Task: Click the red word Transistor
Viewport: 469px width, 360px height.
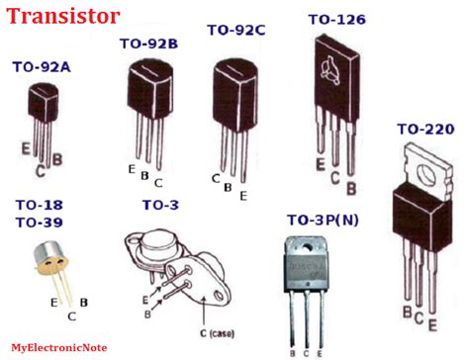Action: pos(66,16)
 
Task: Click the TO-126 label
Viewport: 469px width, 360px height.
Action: pos(337,19)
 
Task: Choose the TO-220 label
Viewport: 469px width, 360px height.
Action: pos(425,129)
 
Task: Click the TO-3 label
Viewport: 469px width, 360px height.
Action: pos(159,205)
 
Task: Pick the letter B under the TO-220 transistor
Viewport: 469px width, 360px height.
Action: pos(406,314)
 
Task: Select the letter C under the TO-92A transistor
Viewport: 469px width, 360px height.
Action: pos(40,171)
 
